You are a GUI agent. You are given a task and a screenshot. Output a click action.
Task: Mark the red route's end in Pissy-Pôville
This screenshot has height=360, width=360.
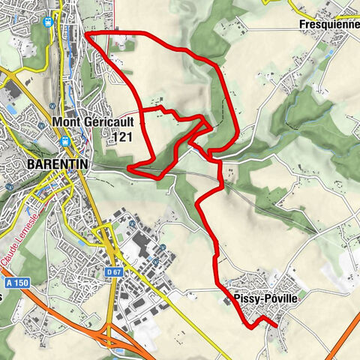click(x=276, y=326)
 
